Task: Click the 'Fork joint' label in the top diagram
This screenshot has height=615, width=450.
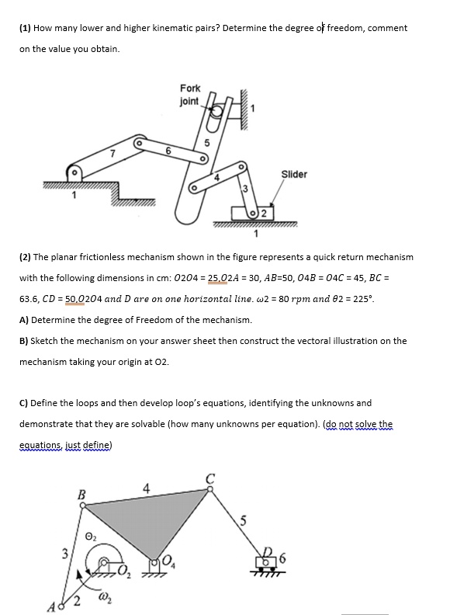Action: [x=189, y=95]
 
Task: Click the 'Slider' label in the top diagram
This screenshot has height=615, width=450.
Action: [x=293, y=174]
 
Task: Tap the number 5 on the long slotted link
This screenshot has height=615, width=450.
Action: [x=206, y=142]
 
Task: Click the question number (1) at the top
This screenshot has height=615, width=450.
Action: [x=24, y=28]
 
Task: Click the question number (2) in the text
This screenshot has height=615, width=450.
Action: [x=25, y=256]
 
